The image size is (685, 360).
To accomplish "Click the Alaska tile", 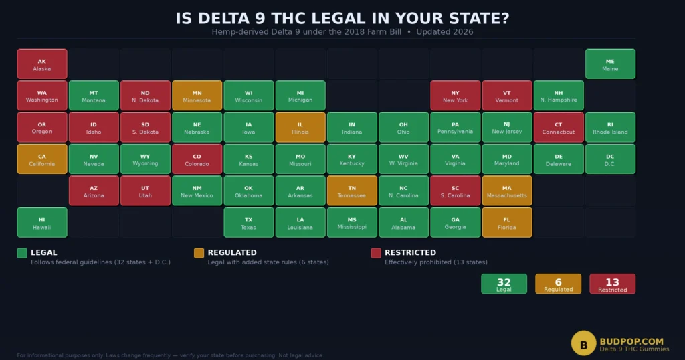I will point(42,64).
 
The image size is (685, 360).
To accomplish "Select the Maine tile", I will point(610,64).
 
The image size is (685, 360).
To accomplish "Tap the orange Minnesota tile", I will point(197,96).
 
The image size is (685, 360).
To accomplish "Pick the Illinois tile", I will point(300,127).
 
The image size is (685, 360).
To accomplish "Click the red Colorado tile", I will point(197,159).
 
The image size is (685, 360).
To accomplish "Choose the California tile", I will point(42,159).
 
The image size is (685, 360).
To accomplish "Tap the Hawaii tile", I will point(42,223).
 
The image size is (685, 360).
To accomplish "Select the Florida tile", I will point(507,223).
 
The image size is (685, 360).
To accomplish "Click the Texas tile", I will point(248,223).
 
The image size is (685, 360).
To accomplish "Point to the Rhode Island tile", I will point(610,127).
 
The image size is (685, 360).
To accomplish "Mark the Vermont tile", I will point(507,96).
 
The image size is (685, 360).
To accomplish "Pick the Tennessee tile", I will point(352,191).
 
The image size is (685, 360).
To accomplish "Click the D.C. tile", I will point(610,159).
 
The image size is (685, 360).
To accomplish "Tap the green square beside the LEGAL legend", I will point(22,253).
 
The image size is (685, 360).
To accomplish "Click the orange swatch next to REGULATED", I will point(199,253).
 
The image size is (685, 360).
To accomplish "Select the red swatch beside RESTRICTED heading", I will point(376,253).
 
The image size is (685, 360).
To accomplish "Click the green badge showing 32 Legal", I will point(504,284).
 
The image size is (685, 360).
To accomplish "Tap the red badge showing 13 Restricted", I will point(612,284).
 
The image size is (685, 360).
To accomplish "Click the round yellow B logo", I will point(583,343).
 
